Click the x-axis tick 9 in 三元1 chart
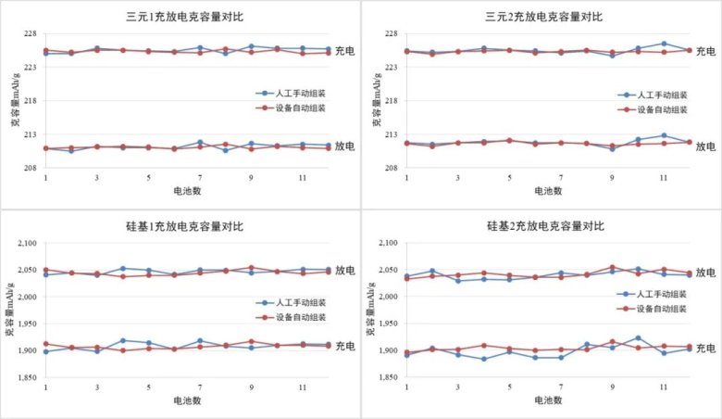pos(251,177)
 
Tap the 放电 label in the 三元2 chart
pos(705,146)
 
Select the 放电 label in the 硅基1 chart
pos(344,272)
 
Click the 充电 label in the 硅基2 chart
pos(705,349)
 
